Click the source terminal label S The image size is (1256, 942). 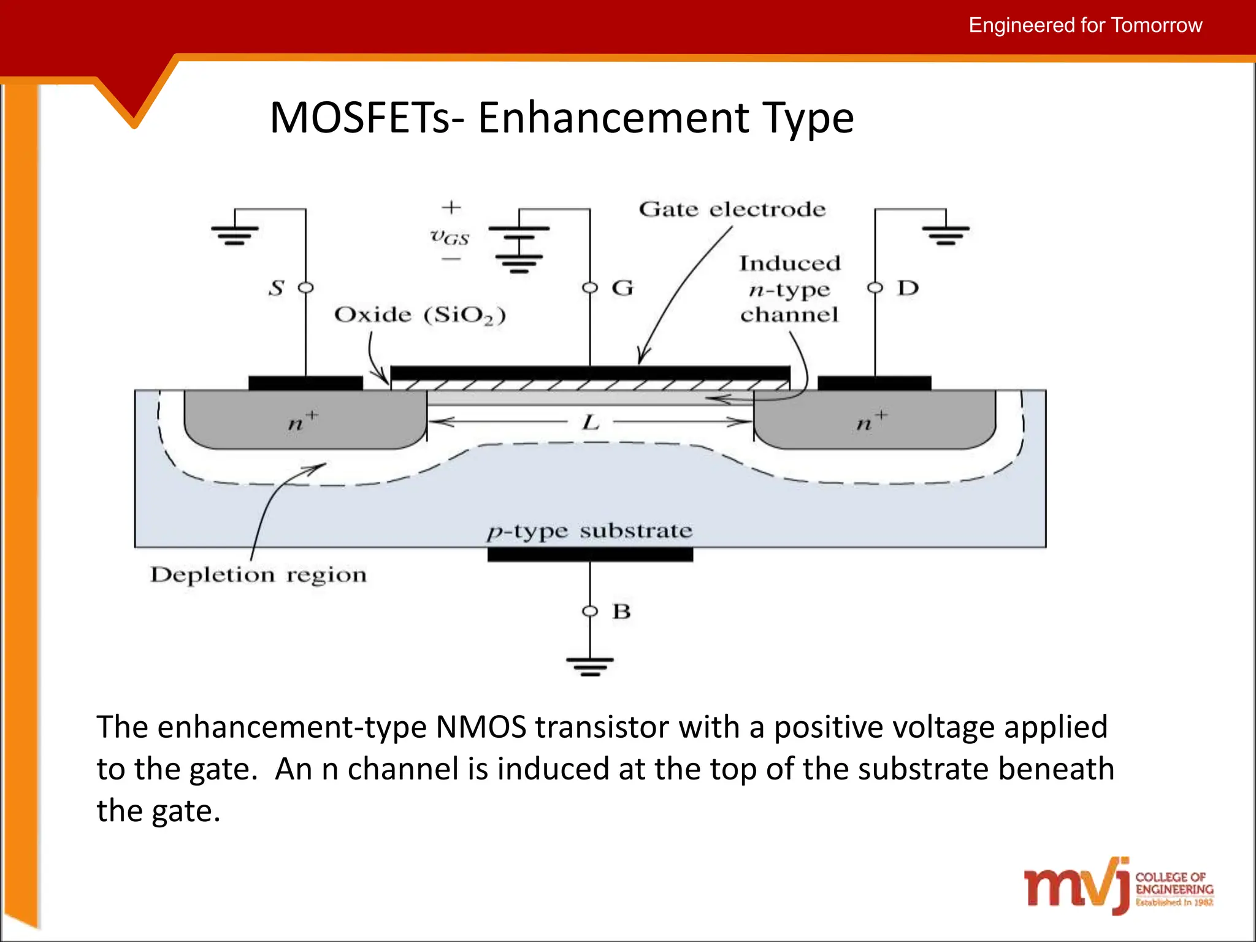[277, 288]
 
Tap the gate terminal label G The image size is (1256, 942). [622, 288]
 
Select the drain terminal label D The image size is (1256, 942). [908, 288]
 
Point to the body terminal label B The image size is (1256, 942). [621, 611]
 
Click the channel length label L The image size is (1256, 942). [591, 422]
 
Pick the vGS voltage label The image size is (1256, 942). [450, 236]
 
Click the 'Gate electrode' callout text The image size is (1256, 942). [732, 209]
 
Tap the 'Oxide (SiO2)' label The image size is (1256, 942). [420, 315]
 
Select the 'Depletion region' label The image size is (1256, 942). [258, 575]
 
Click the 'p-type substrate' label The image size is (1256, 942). [590, 530]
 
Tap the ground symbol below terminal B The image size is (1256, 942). [590, 666]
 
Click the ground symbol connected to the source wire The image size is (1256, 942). [235, 235]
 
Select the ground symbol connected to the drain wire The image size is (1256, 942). [946, 235]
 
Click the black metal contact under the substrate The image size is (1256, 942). [590, 555]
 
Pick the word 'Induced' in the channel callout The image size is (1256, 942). [789, 263]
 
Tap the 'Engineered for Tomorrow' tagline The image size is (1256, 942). [1085, 25]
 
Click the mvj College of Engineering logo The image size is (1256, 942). [1119, 886]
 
